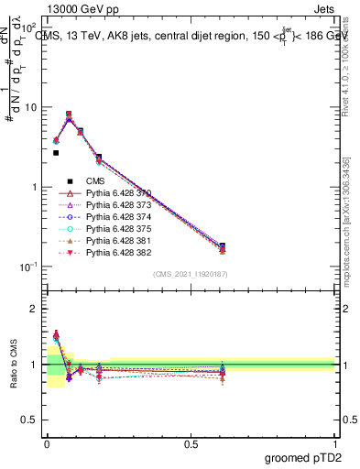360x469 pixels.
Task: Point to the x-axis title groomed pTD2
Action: pyautogui.click(x=304, y=457)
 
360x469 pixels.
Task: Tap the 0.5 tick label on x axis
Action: pyautogui.click(x=191, y=444)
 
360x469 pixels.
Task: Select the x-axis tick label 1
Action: pyautogui.click(x=335, y=444)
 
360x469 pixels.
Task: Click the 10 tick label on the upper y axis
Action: pyautogui.click(x=32, y=107)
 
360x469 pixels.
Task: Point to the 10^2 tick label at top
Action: pyautogui.click(x=30, y=27)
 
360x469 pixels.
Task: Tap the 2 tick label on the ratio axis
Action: pyautogui.click(x=37, y=309)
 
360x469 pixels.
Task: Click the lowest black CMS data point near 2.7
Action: pyautogui.click(x=56, y=153)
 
